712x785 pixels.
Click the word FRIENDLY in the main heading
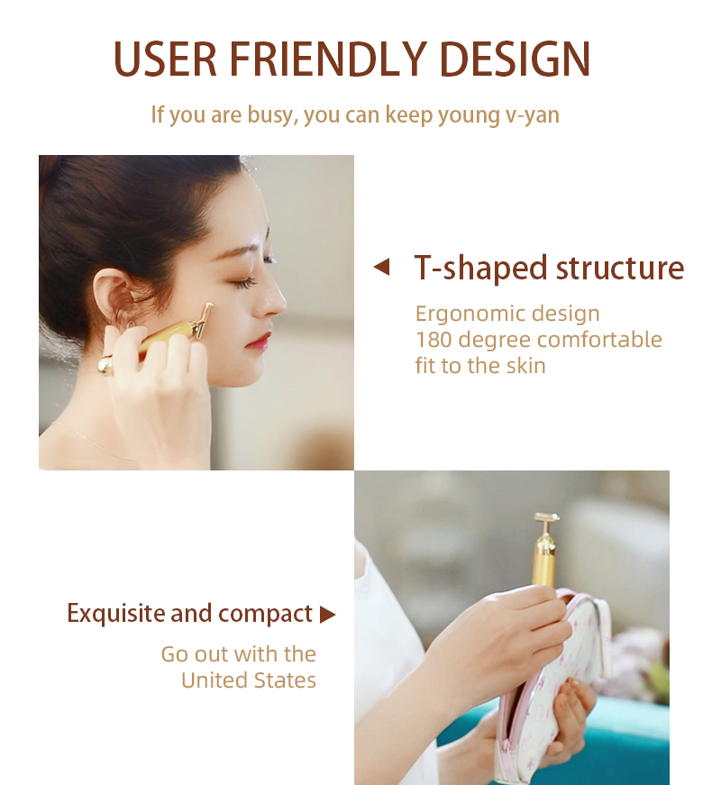[328, 59]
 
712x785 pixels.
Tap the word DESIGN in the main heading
[516, 59]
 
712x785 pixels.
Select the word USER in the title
[165, 59]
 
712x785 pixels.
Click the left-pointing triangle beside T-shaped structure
[381, 267]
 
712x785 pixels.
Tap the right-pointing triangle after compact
[327, 615]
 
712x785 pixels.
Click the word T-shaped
[480, 269]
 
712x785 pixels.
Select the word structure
[620, 269]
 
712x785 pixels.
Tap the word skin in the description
[525, 366]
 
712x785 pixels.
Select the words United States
[249, 680]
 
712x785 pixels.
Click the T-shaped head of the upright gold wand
[546, 519]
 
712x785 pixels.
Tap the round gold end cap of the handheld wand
[105, 366]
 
